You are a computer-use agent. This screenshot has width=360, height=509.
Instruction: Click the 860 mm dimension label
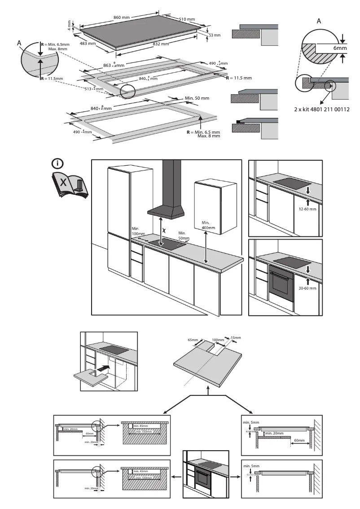click(121, 18)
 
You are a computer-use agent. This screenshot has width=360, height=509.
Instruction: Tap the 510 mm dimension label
click(187, 19)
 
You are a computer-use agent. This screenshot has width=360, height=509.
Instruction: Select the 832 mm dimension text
click(160, 44)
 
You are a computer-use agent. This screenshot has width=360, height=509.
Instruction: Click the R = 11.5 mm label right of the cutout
click(239, 78)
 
